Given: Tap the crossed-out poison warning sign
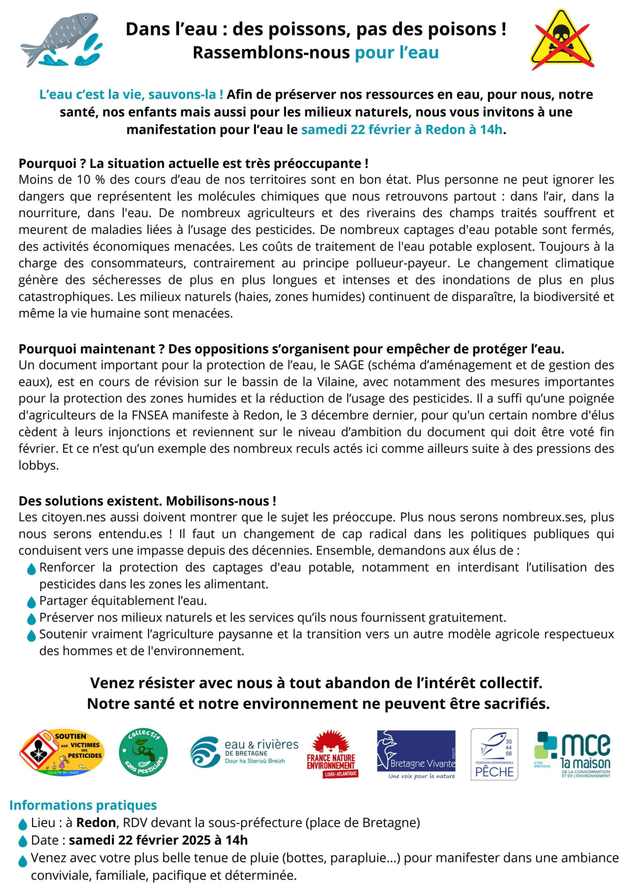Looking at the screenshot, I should point(562,40).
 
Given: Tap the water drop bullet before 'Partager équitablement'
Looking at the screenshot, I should point(31,602).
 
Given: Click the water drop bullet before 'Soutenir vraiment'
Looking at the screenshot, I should point(31,635).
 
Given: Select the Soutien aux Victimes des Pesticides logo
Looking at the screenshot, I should point(62,753).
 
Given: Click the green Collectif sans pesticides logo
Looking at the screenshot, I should point(143,752).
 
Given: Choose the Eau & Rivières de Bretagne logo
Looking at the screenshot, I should point(244,752).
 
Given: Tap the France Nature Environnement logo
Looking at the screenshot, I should point(332,754).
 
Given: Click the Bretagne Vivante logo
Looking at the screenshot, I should point(416,754).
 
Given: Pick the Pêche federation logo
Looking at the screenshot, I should point(494,754).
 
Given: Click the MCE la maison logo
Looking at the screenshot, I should point(572,754).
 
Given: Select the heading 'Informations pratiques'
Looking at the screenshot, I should point(83,805).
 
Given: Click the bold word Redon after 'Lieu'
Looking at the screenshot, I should point(96,822).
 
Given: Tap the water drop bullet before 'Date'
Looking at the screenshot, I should point(23,841).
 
